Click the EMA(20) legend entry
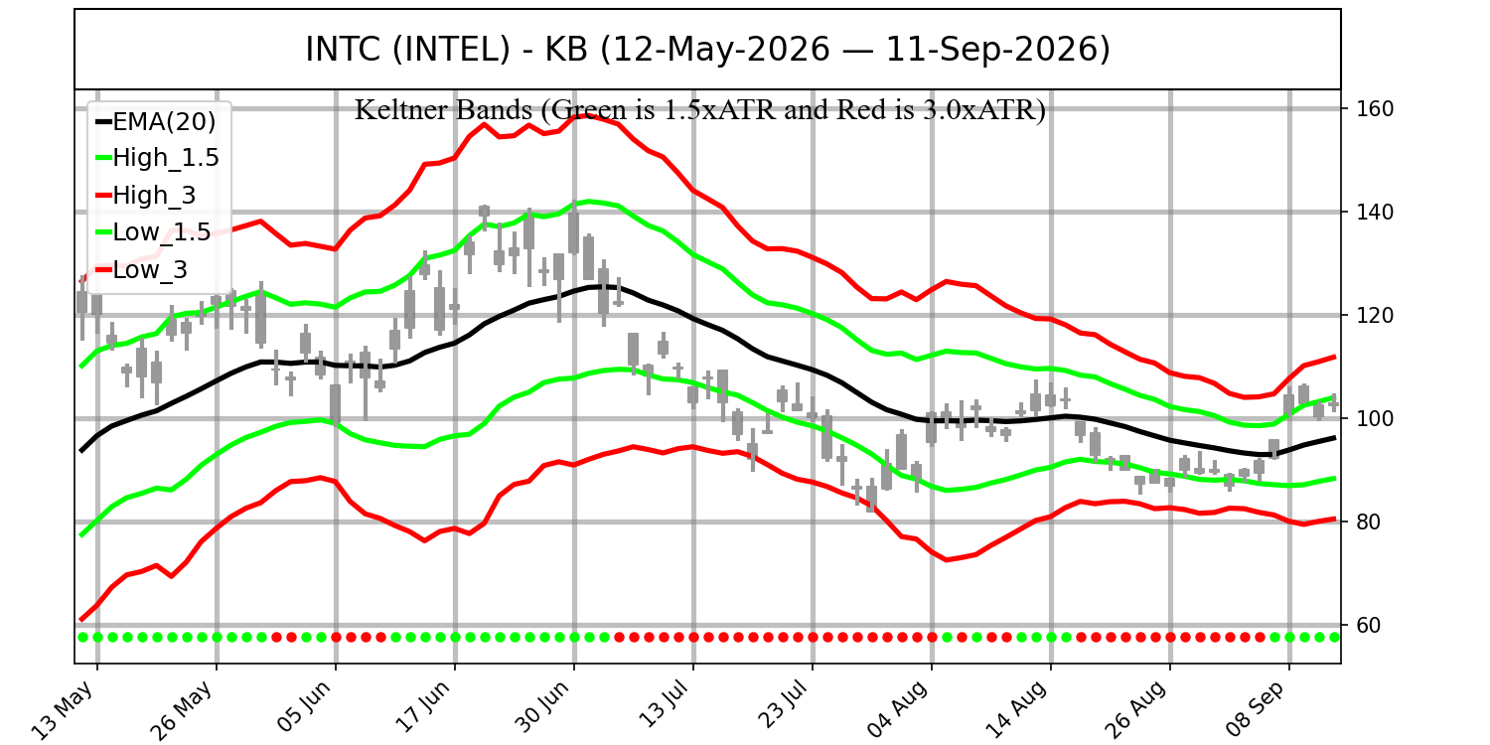click(x=156, y=122)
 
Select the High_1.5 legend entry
click(x=158, y=158)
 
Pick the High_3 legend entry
click(x=146, y=195)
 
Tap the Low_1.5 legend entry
click(x=154, y=232)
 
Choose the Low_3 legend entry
click(x=142, y=269)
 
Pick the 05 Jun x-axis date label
click(x=303, y=707)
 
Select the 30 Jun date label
click(x=542, y=706)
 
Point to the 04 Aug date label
click(x=898, y=709)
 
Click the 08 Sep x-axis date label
click(x=1256, y=708)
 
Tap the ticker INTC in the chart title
click(x=345, y=50)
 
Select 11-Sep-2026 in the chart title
click(x=997, y=50)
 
